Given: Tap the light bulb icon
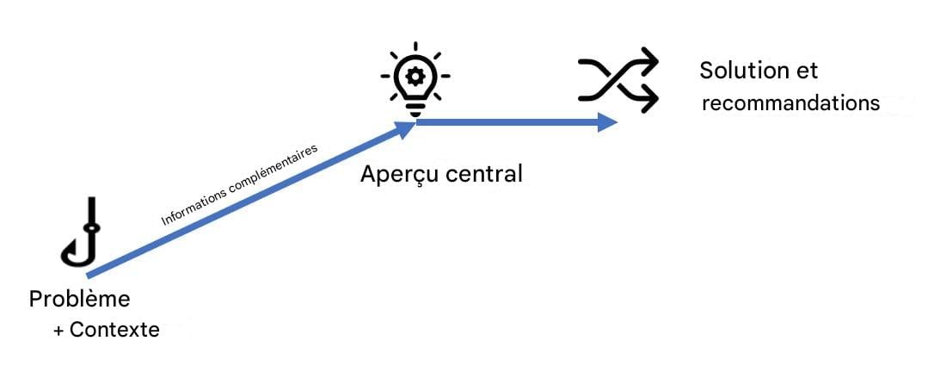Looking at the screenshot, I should tap(415, 78).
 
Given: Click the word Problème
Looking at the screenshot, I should tap(79, 300).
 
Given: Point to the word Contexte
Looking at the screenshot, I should tap(114, 329).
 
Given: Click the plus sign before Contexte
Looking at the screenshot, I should tap(58, 330).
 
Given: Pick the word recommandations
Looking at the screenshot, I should tap(791, 103).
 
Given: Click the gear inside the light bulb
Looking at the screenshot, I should tap(415, 76).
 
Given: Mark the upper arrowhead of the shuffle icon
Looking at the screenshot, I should tap(649, 62).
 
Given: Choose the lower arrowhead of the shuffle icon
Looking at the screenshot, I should tap(649, 99).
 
